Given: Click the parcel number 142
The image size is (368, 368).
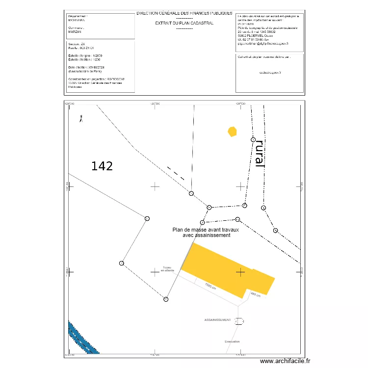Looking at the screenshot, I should [102, 166].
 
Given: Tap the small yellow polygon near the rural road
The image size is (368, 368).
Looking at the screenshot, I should [232, 131].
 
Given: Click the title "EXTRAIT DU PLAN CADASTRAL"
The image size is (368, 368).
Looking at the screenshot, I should [184, 23].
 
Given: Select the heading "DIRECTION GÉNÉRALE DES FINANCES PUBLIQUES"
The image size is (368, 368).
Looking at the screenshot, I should [184, 14].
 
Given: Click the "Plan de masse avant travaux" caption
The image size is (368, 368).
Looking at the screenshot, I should [206, 229].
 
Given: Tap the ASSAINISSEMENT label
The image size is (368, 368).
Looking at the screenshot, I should [217, 319].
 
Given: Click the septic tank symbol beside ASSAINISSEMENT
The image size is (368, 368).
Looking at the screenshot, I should [239, 321].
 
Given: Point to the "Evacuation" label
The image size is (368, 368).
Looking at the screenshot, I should [232, 342].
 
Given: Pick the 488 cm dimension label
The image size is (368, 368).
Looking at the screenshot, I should [256, 294].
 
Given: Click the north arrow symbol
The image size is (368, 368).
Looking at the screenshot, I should [81, 118].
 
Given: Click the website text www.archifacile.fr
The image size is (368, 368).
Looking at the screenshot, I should [285, 361].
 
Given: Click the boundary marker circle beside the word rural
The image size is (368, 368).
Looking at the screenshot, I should [254, 139].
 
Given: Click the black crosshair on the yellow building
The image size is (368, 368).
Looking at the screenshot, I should [240, 271].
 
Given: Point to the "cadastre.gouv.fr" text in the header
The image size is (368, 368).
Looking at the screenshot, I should [270, 73].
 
